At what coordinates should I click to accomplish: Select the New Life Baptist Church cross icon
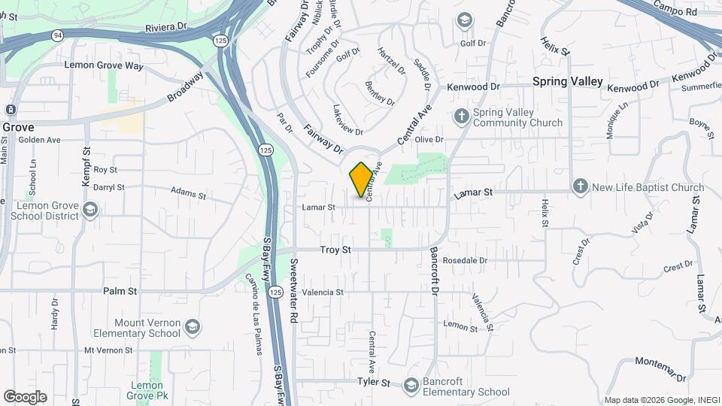(580, 186)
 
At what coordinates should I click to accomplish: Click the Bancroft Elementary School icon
(411, 386)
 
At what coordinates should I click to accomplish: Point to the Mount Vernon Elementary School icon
(193, 326)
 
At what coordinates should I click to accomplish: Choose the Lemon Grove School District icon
(90, 209)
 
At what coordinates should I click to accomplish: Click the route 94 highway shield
(58, 35)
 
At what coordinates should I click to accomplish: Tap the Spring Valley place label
(568, 81)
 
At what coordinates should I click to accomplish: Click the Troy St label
(335, 249)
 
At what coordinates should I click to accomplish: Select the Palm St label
(120, 291)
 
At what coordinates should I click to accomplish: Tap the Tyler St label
(375, 383)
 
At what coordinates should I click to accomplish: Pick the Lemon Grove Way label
(104, 65)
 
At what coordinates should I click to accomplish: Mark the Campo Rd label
(675, 10)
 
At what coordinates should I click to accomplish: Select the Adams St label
(188, 195)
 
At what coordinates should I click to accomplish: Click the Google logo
(25, 397)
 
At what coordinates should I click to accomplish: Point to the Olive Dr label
(429, 140)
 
